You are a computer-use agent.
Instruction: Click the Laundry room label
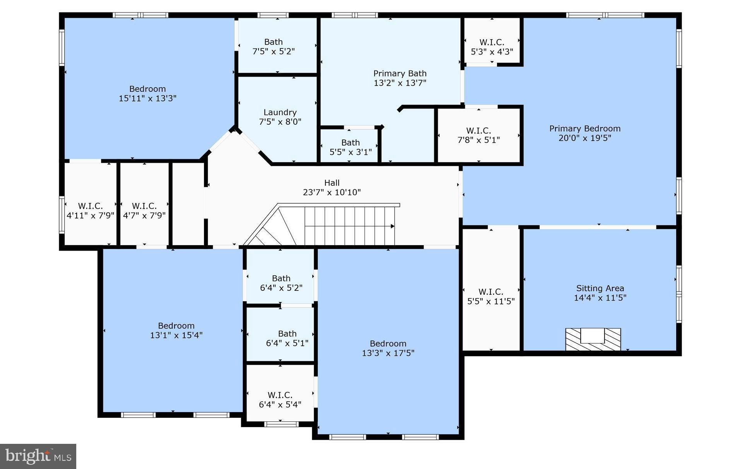280,112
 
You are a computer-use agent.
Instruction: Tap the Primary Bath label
400,74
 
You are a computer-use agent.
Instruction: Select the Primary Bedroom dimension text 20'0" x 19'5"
584,138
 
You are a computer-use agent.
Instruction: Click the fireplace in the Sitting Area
593,339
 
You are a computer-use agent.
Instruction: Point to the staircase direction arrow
392,226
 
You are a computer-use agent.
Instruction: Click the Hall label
332,183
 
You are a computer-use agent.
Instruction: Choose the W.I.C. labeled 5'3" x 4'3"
492,47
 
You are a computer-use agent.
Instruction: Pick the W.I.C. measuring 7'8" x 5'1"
478,135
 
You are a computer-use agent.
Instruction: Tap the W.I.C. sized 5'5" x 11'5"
491,296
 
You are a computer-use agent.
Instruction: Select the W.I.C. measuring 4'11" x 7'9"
90,211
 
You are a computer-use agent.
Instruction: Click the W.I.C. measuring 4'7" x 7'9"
144,211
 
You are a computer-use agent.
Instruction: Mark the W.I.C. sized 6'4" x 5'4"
280,400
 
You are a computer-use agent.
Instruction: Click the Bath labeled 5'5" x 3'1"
350,147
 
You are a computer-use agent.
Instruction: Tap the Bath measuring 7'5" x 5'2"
273,46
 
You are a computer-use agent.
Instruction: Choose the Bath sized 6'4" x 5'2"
281,283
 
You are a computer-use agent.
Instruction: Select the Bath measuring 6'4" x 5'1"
287,338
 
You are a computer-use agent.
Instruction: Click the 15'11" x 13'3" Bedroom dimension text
147,98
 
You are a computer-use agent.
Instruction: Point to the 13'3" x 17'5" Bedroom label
388,344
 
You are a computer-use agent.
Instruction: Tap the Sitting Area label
600,288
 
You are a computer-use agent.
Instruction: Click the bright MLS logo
38,456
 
